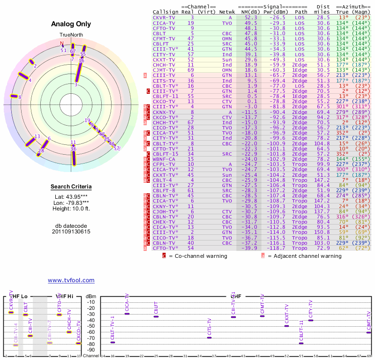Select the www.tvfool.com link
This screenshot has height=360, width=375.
(71, 280)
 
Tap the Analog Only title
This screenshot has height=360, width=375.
(71, 24)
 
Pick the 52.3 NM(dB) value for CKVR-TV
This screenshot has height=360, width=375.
(250, 17)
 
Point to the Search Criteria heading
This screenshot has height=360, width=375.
(71, 187)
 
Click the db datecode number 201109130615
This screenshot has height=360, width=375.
(71, 232)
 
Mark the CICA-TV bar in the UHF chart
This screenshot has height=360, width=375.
(127, 314)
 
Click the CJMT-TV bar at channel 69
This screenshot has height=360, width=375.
(369, 332)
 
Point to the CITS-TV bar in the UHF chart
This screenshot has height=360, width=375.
(209, 337)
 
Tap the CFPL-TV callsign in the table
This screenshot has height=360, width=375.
(163, 165)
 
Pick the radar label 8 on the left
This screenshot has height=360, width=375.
(20, 97)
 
